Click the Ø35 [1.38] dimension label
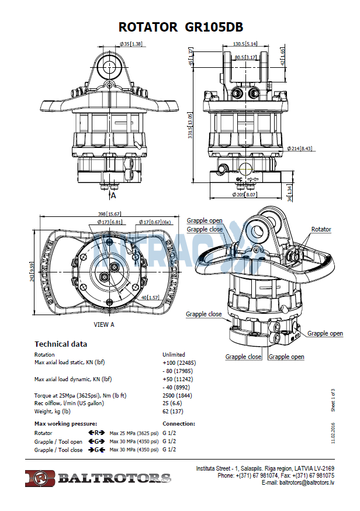click(x=131, y=44)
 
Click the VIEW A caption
click(x=104, y=323)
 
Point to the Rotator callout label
click(x=321, y=230)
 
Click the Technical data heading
click(x=61, y=344)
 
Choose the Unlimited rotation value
click(x=174, y=354)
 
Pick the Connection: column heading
click(x=178, y=423)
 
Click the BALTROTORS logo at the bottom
click(x=98, y=478)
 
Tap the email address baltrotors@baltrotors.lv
click(x=306, y=483)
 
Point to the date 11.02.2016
click(x=332, y=433)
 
